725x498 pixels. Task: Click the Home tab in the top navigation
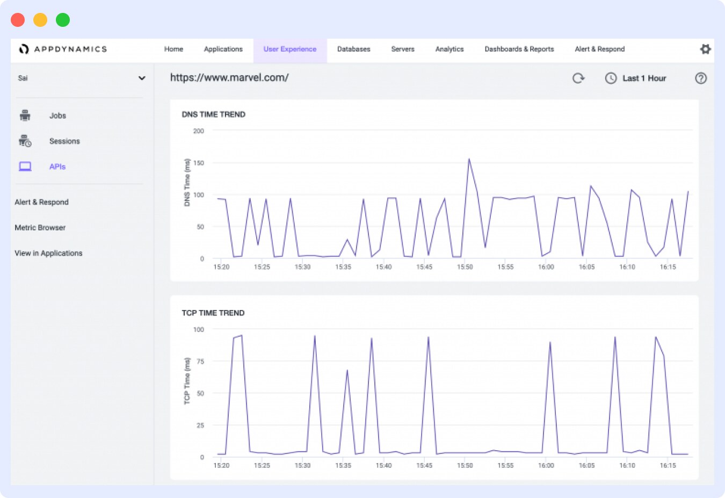[x=173, y=49]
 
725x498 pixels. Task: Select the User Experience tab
[x=290, y=49]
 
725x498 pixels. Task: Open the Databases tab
[x=353, y=49]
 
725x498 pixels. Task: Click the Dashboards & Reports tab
[x=519, y=49]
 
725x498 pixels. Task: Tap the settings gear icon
[x=705, y=49]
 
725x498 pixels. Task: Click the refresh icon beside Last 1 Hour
[x=578, y=78]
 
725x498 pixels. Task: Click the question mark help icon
[x=700, y=78]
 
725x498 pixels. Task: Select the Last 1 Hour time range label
[x=644, y=78]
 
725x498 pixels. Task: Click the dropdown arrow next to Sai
[x=142, y=78]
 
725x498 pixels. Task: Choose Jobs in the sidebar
[x=57, y=116]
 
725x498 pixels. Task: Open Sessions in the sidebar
[x=64, y=141]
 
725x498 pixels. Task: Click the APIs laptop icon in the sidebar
[x=25, y=167]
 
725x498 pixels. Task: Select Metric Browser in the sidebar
[x=40, y=228]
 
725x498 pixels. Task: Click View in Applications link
[x=48, y=253]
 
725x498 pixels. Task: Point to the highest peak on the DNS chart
[x=469, y=159]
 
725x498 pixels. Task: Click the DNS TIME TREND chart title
[x=213, y=114]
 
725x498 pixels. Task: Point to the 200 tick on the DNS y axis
[x=199, y=131]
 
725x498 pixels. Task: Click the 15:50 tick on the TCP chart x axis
[x=465, y=465]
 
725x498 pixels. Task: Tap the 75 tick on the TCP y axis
[x=200, y=362]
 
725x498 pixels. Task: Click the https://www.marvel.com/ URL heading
[x=229, y=77]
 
